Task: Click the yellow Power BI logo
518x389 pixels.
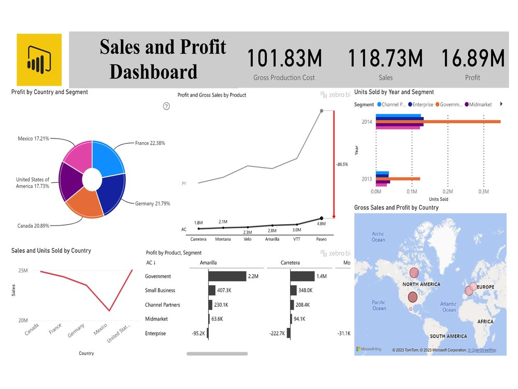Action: click(x=39, y=60)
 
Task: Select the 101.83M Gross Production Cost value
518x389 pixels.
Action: click(x=284, y=58)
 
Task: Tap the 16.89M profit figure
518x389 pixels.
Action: click(x=472, y=58)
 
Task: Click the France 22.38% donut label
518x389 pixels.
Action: click(x=150, y=143)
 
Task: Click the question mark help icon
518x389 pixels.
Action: click(x=166, y=106)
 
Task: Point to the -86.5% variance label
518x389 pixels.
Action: click(x=342, y=164)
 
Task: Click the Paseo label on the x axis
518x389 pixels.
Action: click(x=321, y=239)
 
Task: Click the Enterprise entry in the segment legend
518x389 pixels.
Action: click(x=427, y=104)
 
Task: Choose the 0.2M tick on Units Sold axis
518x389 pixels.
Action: click(x=448, y=191)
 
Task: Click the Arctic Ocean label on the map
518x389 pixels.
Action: click(x=378, y=237)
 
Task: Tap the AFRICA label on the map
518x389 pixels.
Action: click(x=485, y=322)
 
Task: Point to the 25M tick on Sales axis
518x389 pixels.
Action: click(x=23, y=271)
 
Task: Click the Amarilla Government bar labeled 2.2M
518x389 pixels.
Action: click(x=227, y=276)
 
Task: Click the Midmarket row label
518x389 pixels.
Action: click(x=156, y=319)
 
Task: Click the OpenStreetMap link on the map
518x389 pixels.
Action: click(x=482, y=351)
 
